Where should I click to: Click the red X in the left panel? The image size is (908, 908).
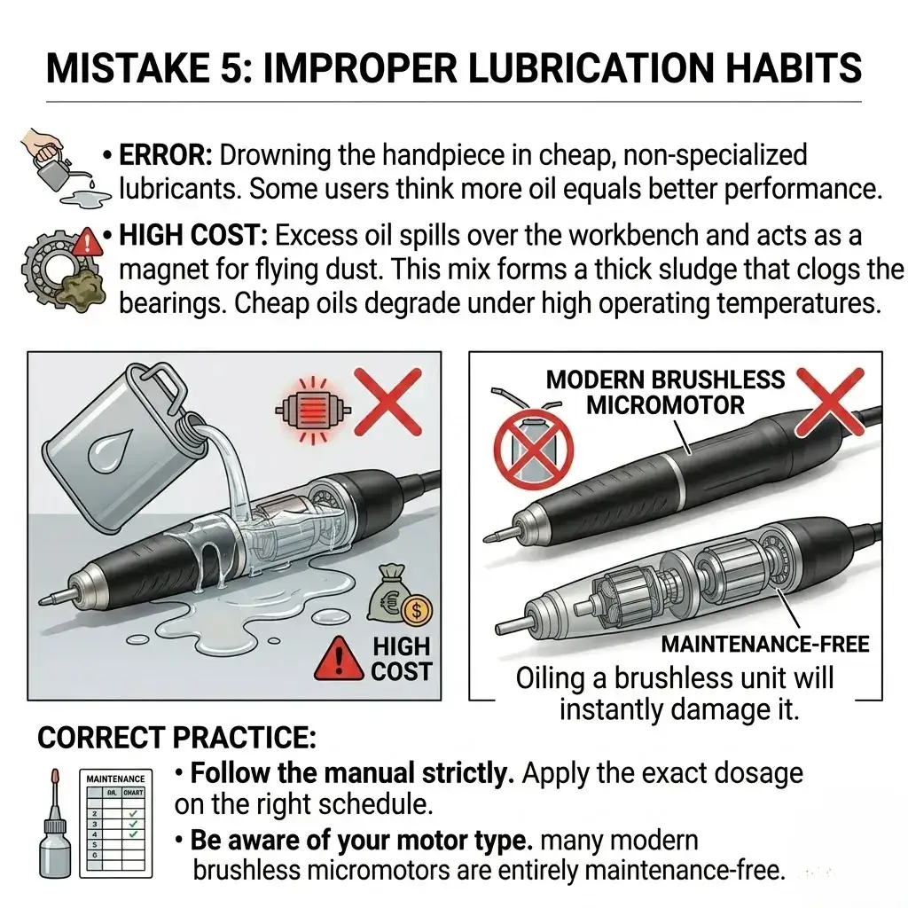click(x=387, y=397)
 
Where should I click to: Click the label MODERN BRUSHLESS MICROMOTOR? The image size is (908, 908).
click(x=665, y=392)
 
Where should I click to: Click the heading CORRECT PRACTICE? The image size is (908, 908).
click(x=176, y=738)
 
